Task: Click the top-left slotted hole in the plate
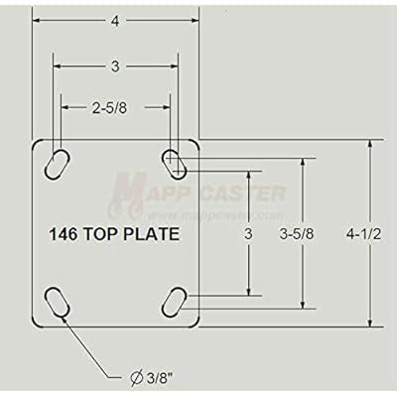click(x=58, y=161)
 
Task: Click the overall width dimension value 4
click(x=115, y=21)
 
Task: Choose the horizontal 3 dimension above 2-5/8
click(x=115, y=66)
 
